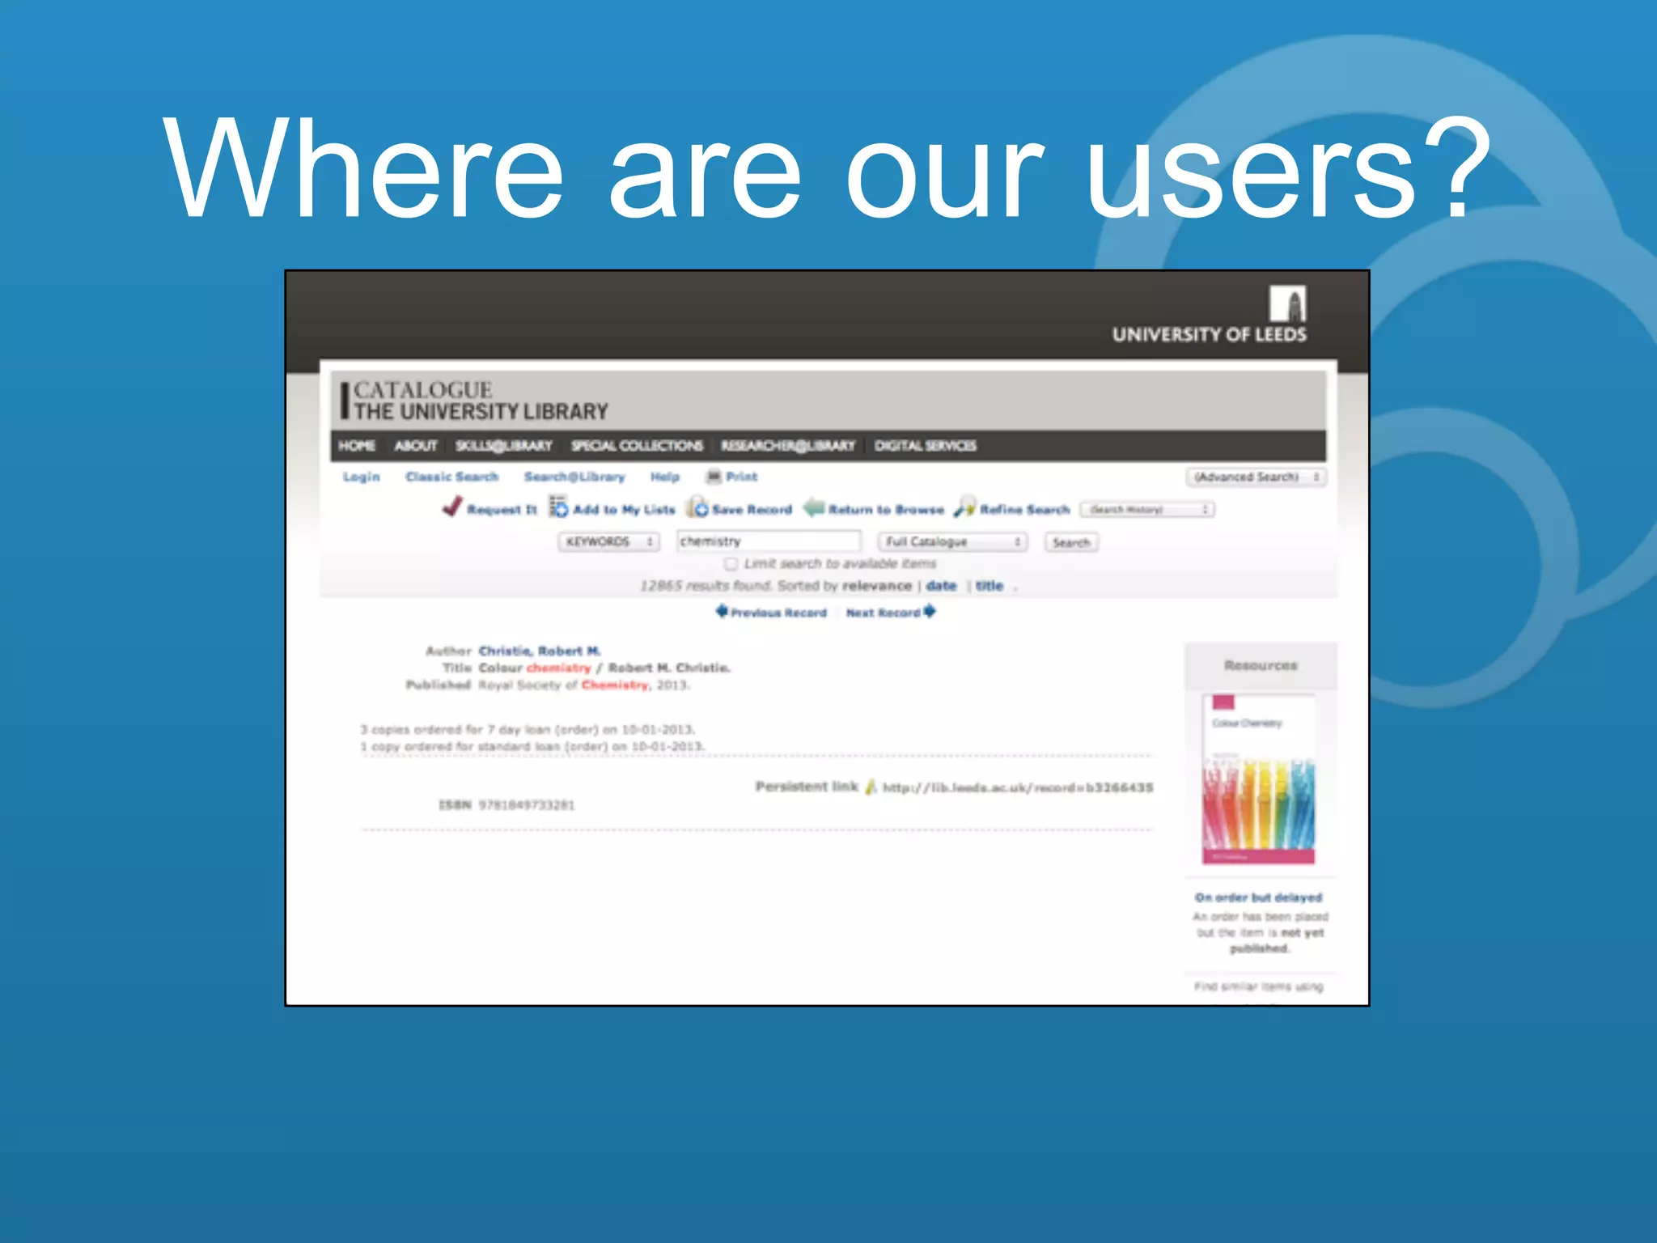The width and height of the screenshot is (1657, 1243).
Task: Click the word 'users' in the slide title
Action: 1251,172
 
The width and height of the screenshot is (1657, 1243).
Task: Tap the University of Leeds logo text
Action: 1209,334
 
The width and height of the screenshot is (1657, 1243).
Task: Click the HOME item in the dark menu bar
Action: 357,446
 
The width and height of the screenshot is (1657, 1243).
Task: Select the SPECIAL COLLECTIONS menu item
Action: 637,446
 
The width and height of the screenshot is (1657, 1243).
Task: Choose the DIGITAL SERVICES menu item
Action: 926,446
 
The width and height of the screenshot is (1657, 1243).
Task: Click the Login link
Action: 361,477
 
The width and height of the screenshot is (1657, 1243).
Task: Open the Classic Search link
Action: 451,477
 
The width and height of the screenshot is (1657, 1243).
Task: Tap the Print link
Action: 740,477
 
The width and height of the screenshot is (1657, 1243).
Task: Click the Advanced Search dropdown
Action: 1257,477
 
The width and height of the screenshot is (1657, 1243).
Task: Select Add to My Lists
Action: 623,509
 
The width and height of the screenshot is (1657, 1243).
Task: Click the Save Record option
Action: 751,509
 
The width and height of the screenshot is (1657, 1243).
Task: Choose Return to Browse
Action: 885,509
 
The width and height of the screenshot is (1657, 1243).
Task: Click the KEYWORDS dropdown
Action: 608,541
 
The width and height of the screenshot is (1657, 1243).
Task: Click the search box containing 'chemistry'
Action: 768,541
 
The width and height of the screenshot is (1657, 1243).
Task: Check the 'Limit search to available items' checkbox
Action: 731,563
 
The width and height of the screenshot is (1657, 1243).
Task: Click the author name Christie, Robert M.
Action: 540,651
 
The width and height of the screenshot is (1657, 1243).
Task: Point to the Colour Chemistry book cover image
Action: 1258,780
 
